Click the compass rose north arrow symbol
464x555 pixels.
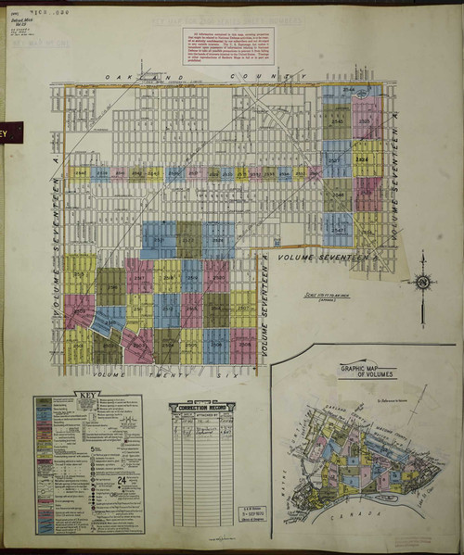click(423, 281)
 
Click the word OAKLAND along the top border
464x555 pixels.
click(129, 78)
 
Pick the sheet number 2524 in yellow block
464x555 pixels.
click(366, 158)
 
